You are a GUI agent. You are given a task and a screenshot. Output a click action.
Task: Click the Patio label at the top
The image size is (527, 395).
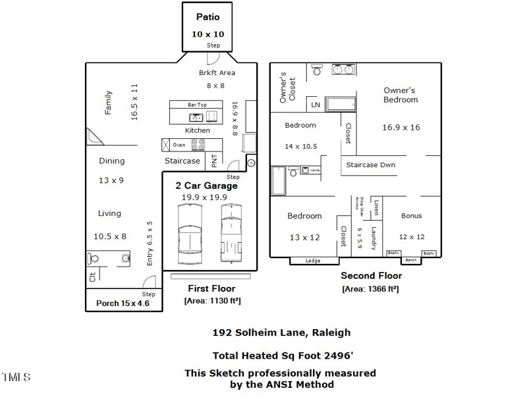point(208,16)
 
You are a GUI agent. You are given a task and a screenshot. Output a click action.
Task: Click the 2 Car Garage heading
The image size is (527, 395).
point(206,186)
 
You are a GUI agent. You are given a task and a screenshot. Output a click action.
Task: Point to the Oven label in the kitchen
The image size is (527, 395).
point(179,145)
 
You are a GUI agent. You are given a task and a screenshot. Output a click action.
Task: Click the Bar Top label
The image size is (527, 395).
point(197,105)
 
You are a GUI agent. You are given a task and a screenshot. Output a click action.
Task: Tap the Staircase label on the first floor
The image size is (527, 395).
point(182,161)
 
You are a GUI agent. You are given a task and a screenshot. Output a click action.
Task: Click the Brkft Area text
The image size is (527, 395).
point(217,73)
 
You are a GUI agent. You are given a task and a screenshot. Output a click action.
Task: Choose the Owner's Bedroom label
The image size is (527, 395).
point(401,95)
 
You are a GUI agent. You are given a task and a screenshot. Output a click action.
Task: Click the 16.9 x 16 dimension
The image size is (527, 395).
point(401,127)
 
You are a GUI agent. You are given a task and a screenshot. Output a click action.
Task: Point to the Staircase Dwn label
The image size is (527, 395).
point(371,165)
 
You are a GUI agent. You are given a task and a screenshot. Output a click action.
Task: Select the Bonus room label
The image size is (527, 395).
point(412,216)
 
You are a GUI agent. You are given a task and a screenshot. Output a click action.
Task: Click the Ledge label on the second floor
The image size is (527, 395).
point(314,261)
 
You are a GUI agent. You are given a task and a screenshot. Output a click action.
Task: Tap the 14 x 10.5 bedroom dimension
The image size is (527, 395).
point(300,147)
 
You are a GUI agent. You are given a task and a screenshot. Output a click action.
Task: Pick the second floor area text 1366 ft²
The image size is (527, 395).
point(370,289)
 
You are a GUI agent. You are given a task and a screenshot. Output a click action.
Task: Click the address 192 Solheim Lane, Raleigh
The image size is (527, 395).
point(281,332)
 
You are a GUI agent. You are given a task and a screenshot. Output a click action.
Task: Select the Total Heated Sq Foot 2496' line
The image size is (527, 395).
point(283,355)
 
